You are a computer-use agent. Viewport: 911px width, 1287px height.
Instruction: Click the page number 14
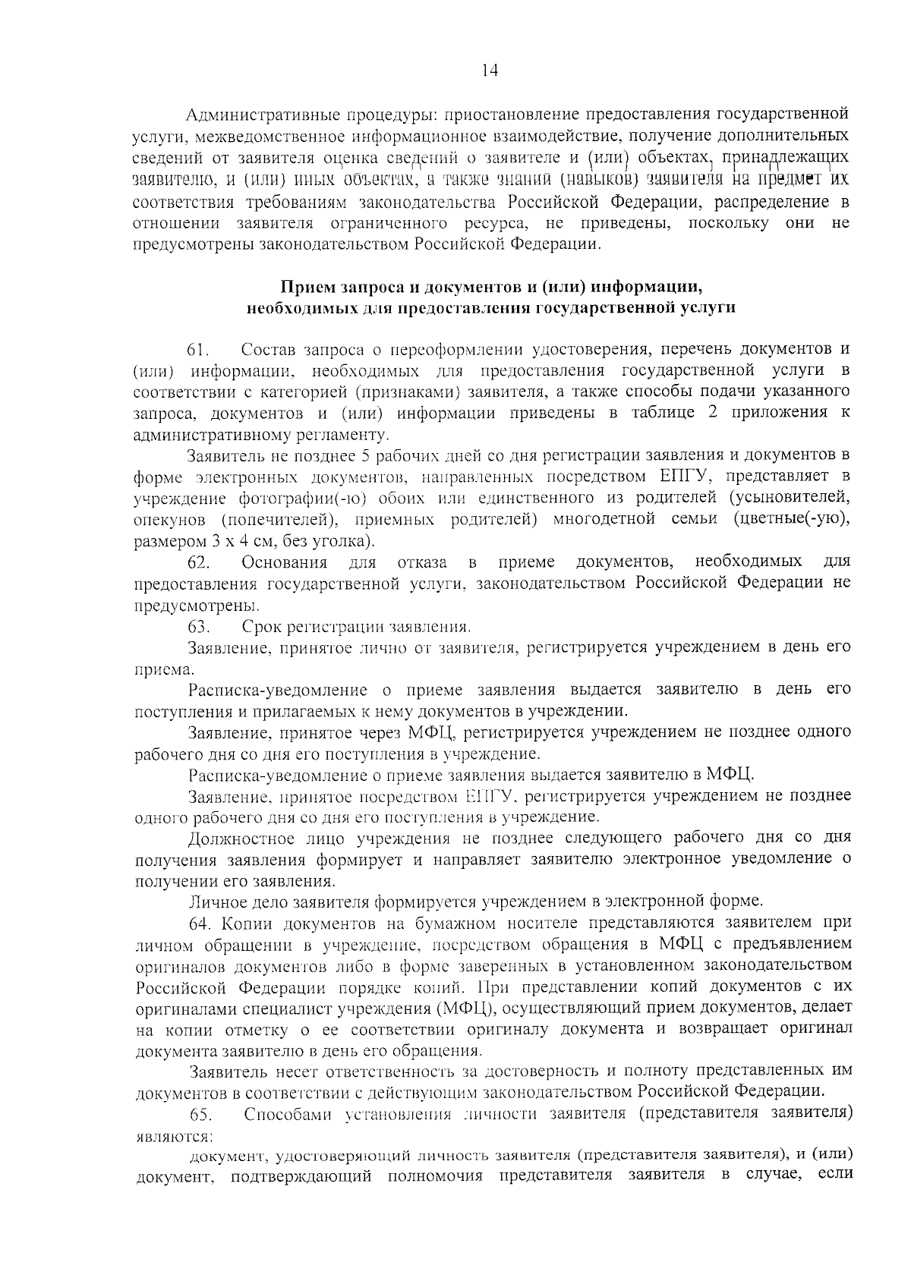click(490, 71)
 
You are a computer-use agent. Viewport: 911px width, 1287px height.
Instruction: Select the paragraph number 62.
click(198, 562)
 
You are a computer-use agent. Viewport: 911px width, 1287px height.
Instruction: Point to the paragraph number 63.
click(198, 627)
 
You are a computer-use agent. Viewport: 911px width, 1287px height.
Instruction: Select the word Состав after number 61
click(270, 350)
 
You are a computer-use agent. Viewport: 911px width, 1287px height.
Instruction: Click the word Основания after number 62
click(284, 562)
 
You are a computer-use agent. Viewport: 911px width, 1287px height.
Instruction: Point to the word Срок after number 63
click(260, 627)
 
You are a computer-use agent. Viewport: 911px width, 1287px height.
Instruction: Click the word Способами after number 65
click(289, 1114)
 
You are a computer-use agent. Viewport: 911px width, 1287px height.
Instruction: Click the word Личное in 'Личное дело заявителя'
click(216, 902)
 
